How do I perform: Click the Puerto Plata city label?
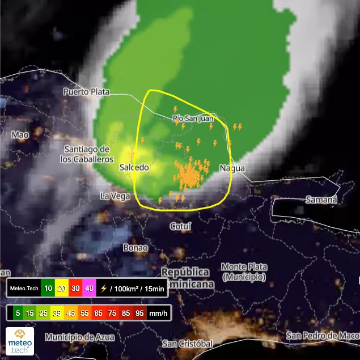(86, 91)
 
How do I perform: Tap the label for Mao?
(20, 135)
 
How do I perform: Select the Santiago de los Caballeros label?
(87, 154)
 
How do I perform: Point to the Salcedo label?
(134, 167)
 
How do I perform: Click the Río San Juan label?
(193, 118)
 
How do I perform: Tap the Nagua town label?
(232, 168)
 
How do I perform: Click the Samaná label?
(321, 200)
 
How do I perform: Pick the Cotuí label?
(181, 226)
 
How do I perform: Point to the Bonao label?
(135, 248)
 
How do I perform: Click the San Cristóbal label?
(187, 344)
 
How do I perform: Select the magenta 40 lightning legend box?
(88, 288)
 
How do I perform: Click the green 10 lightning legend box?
(49, 288)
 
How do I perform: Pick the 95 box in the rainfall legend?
(136, 312)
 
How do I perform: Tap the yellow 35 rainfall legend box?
(57, 312)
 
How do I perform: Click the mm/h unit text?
(158, 312)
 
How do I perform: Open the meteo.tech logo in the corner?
(20, 341)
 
